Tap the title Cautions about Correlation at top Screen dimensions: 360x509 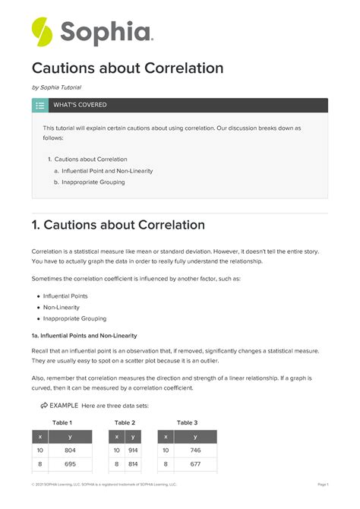pyautogui.click(x=127, y=68)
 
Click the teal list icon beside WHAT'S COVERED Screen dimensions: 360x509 pyautogui.click(x=39, y=105)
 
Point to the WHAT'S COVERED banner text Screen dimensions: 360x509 pyautogui.click(x=80, y=105)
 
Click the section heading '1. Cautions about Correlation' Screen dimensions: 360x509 pyautogui.click(x=118, y=226)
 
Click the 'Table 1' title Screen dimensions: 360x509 pyautogui.click(x=62, y=422)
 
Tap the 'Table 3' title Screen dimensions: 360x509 pyautogui.click(x=187, y=422)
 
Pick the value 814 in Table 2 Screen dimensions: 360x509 pyautogui.click(x=132, y=463)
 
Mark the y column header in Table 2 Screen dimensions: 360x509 pyautogui.click(x=133, y=436)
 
